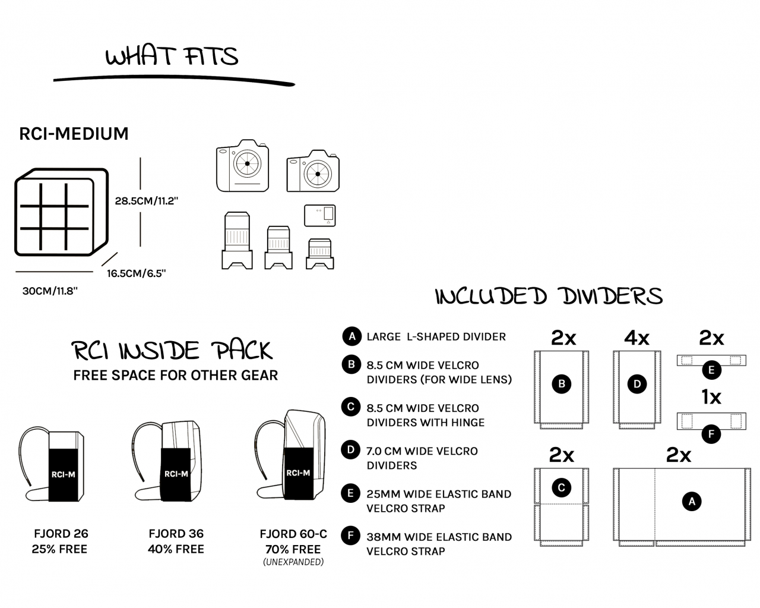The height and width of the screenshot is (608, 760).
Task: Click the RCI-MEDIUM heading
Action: (x=74, y=134)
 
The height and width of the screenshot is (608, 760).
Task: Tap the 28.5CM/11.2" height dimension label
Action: (x=147, y=201)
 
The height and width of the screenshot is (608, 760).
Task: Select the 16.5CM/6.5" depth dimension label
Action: (x=136, y=273)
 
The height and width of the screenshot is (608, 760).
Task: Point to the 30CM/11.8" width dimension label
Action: (x=50, y=291)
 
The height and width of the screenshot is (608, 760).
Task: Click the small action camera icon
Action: (x=319, y=215)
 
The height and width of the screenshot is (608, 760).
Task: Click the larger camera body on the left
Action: (x=242, y=166)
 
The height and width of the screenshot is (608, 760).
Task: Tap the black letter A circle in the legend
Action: (x=351, y=336)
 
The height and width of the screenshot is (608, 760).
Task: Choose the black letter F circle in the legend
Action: (x=351, y=536)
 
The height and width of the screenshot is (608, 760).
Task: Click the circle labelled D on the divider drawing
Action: (x=637, y=384)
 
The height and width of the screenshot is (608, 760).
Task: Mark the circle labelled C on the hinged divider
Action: (x=562, y=489)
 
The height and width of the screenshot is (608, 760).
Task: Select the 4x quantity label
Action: (x=636, y=338)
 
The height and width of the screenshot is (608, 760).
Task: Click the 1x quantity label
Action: (x=711, y=397)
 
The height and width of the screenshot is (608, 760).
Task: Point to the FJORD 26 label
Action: (x=61, y=534)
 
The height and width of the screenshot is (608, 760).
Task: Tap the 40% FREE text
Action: (x=176, y=549)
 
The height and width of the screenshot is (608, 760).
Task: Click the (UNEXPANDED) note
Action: (x=293, y=562)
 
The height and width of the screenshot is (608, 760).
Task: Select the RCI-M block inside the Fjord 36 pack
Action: (x=176, y=474)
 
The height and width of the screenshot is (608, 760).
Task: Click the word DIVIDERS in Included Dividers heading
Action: (x=612, y=296)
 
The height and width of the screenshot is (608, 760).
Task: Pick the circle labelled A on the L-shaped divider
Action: (x=691, y=502)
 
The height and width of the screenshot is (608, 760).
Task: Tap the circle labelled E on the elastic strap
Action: (x=711, y=370)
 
